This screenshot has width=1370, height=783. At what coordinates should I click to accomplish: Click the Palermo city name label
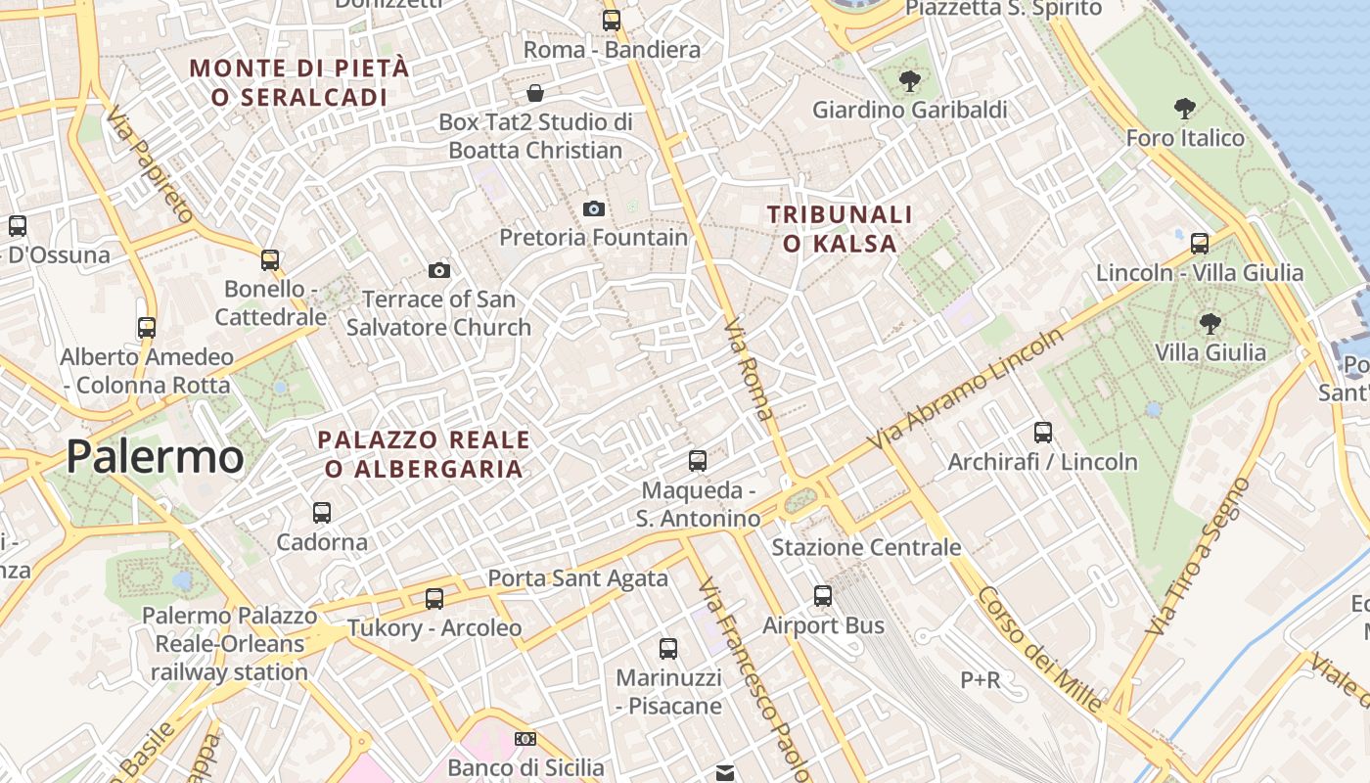point(155,457)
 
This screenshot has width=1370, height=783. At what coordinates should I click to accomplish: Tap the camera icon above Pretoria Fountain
point(593,208)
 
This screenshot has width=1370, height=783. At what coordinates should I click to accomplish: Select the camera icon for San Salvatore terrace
point(439,270)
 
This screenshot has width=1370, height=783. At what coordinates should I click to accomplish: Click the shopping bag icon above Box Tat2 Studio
point(535,93)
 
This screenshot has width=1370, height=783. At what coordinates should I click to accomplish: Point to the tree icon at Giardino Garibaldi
point(909,81)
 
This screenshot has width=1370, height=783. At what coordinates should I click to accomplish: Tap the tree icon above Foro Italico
point(1184,108)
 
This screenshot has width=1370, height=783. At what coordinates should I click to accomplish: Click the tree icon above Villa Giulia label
point(1210,323)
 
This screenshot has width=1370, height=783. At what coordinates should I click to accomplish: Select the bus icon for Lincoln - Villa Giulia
point(1200,243)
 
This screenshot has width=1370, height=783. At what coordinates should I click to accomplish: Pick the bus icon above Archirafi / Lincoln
point(1043,432)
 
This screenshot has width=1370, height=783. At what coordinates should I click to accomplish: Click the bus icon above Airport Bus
point(823,595)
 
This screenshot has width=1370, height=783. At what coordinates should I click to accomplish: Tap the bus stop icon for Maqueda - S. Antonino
point(698,460)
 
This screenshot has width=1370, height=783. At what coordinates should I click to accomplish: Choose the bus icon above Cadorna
point(321,512)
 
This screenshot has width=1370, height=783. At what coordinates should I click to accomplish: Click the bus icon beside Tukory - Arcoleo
point(434,598)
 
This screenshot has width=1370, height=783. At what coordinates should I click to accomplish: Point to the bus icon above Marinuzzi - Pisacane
point(668,648)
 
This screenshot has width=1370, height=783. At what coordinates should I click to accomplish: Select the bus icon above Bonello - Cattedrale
point(270,260)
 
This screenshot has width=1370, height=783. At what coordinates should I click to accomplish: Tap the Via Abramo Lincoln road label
point(966,391)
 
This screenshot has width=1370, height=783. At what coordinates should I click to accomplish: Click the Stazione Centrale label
point(866,547)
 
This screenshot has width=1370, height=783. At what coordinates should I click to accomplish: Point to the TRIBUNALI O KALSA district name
point(840,228)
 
